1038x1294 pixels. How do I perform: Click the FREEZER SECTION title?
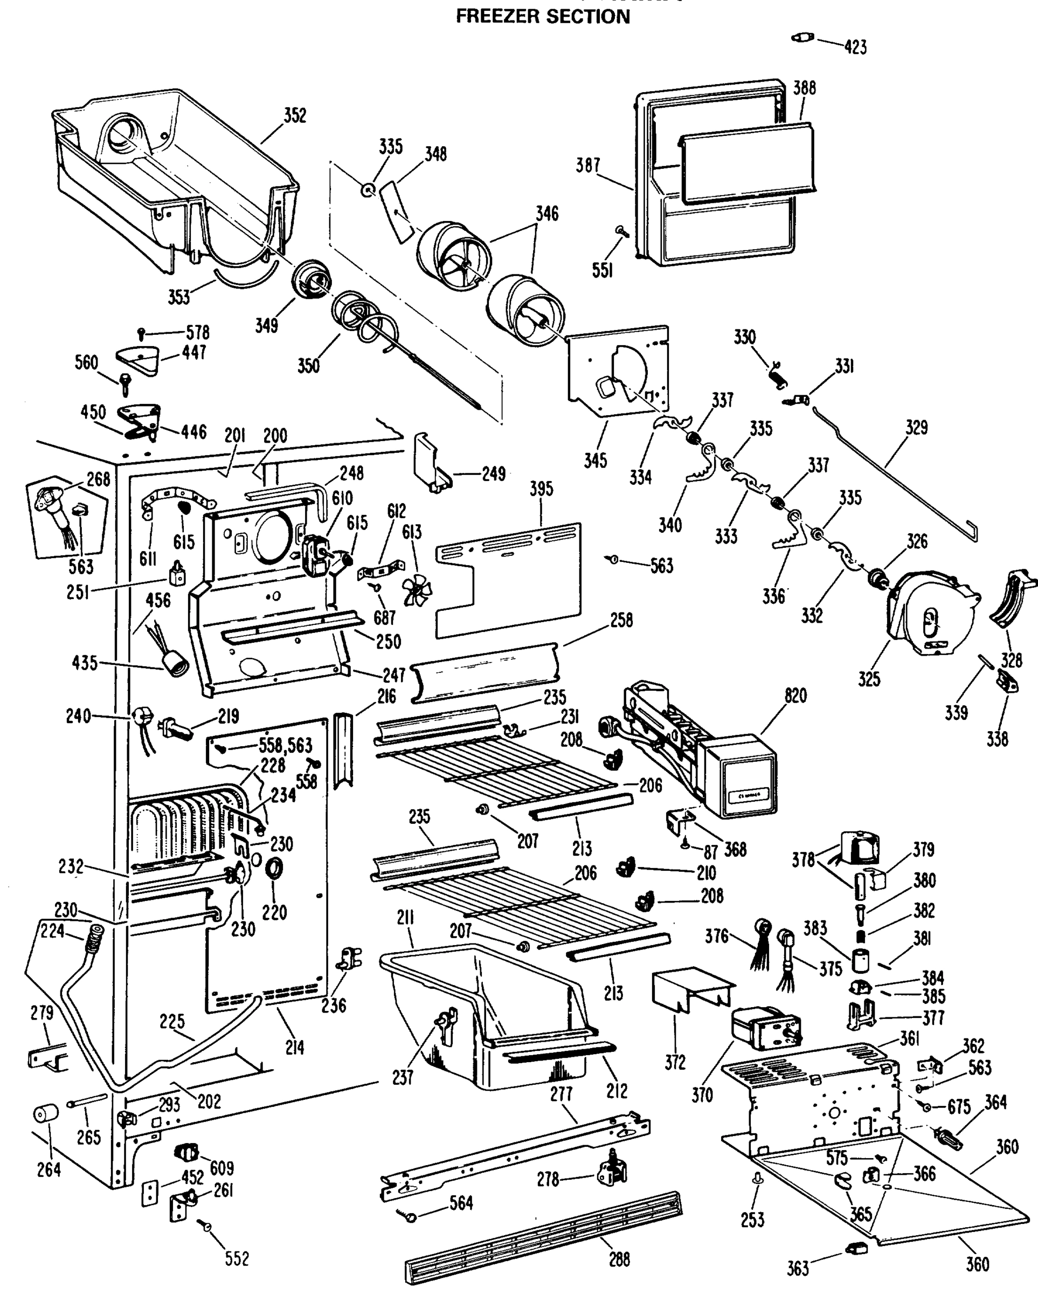click(x=543, y=16)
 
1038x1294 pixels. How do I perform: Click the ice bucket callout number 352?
click(x=295, y=115)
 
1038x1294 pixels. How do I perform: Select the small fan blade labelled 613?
click(x=417, y=589)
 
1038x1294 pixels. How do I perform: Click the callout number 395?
click(x=541, y=489)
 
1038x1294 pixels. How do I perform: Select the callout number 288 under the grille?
click(x=619, y=1258)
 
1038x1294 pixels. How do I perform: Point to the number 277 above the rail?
click(x=562, y=1094)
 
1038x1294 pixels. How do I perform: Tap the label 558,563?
click(x=285, y=746)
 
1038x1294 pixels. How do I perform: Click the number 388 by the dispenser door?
click(x=804, y=88)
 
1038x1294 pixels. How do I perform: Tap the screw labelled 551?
click(x=620, y=230)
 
